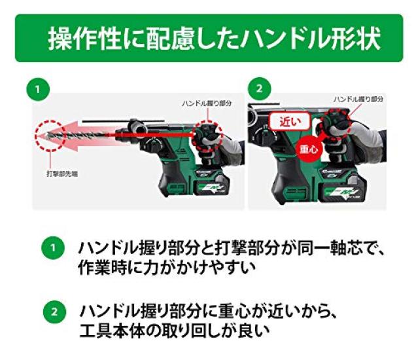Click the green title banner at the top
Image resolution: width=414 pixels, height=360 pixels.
[207, 38]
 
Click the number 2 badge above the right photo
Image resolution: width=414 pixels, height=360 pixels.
[260, 88]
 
